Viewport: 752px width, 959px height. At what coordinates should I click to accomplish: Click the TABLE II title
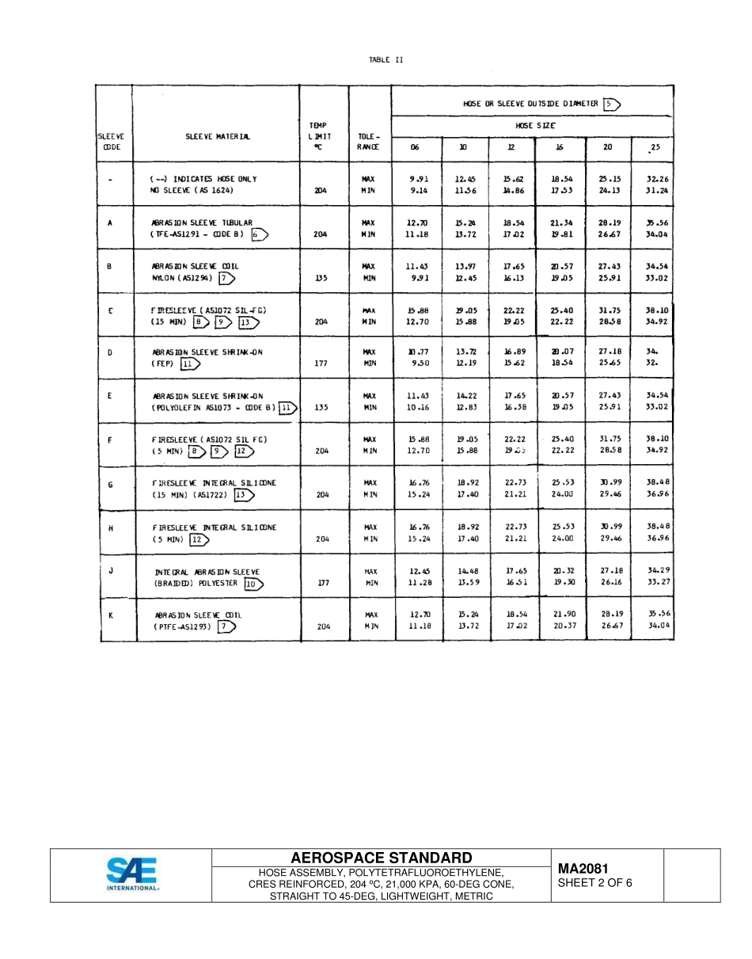click(385, 60)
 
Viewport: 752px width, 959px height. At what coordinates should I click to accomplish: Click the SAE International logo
click(132, 874)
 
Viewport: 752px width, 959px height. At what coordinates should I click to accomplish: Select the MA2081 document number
click(583, 869)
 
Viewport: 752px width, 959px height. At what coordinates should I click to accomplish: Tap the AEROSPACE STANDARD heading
click(382, 858)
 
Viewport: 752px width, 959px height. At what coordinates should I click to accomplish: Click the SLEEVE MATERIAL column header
click(218, 136)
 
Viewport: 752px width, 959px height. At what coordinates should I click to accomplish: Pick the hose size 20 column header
click(607, 147)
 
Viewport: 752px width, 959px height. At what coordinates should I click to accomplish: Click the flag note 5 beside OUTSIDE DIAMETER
click(611, 104)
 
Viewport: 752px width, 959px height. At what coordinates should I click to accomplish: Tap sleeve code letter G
click(110, 482)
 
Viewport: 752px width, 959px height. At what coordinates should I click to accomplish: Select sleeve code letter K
click(110, 615)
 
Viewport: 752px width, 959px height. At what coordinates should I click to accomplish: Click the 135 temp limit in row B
click(321, 279)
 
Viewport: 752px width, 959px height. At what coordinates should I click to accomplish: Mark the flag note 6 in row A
click(259, 234)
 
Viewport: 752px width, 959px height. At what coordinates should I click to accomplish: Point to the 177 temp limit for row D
click(321, 363)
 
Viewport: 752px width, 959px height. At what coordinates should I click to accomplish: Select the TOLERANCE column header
click(369, 141)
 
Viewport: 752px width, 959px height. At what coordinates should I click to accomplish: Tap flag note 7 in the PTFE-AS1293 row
click(227, 626)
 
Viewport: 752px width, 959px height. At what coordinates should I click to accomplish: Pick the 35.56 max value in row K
click(659, 614)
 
